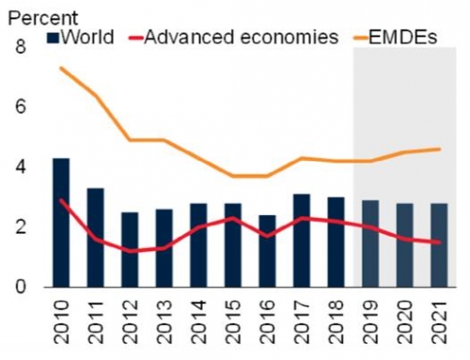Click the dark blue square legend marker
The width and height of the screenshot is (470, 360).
pyautogui.click(x=54, y=39)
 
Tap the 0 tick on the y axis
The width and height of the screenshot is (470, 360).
pyautogui.click(x=21, y=288)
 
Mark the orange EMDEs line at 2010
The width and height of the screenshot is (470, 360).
pyautogui.click(x=60, y=68)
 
